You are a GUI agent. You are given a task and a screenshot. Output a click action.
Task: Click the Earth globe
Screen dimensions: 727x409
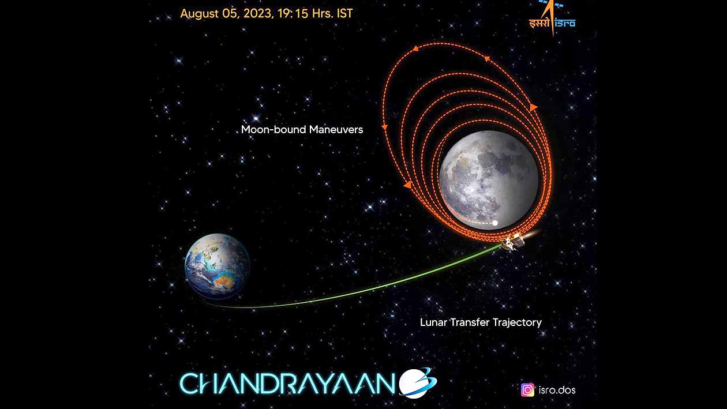click(x=217, y=266)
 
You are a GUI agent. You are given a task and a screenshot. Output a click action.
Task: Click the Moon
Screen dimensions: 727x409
click(x=489, y=180)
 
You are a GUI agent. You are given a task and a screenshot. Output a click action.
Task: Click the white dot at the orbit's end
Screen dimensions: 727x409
click(x=494, y=223)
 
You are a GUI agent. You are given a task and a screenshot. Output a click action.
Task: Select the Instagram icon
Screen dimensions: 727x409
click(x=527, y=390)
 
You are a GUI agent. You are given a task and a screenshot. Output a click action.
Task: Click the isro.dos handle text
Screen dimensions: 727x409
click(x=557, y=390)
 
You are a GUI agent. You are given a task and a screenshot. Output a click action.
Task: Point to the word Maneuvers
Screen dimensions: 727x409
click(x=336, y=130)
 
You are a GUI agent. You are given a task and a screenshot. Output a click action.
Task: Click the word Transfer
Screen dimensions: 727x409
click(x=470, y=322)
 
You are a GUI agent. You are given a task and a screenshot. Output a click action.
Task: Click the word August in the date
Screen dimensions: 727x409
click(x=200, y=14)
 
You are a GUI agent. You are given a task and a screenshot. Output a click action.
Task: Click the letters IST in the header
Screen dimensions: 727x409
click(x=344, y=13)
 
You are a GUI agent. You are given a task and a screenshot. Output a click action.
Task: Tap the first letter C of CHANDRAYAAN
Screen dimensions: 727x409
click(x=189, y=384)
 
